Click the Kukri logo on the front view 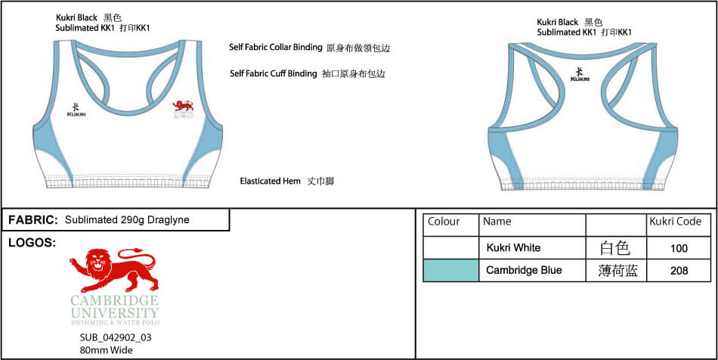click(76, 110)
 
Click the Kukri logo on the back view click(580, 75)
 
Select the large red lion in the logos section click(114, 269)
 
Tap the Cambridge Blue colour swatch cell click(451, 270)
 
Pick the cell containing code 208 click(679, 270)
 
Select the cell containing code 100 click(679, 248)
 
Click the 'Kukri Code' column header click(676, 222)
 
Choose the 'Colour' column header click(443, 222)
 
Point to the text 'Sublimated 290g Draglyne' click(127, 220)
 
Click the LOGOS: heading click(32, 244)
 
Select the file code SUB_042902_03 click(116, 338)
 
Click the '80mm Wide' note click(106, 350)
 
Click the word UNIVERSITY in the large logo click(114, 313)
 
